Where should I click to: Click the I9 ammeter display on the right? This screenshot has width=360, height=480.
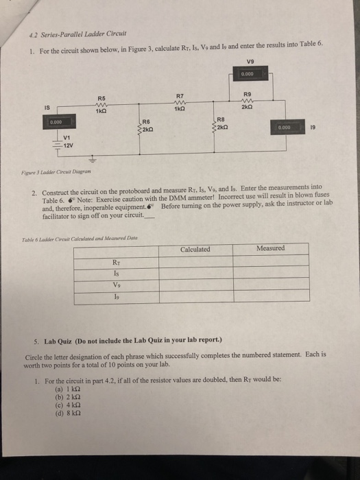[x=287, y=127]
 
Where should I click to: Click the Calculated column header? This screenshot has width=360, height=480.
[x=195, y=249]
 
